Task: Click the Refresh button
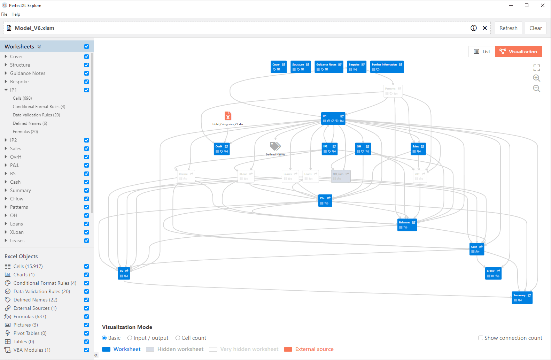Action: tap(508, 28)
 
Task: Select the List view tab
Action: tap(482, 52)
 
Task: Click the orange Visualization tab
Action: tap(518, 52)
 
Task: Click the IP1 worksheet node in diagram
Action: tap(333, 118)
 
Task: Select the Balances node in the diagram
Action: tap(407, 225)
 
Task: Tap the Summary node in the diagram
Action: tap(522, 298)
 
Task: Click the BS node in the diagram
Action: tap(124, 273)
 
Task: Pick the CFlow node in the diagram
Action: tap(493, 273)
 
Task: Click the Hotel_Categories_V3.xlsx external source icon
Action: tap(228, 116)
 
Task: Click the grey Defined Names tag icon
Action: tap(275, 146)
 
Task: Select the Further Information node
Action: tap(387, 67)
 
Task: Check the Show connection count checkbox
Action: tap(481, 338)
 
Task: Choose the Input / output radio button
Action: tap(130, 338)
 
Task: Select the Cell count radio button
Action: tap(178, 338)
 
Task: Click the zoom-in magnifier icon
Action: tap(536, 78)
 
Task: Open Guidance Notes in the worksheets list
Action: tap(28, 73)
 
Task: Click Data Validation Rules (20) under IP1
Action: tap(36, 115)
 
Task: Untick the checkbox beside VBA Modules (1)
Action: tap(86, 350)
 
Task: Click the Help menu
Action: tap(16, 14)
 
